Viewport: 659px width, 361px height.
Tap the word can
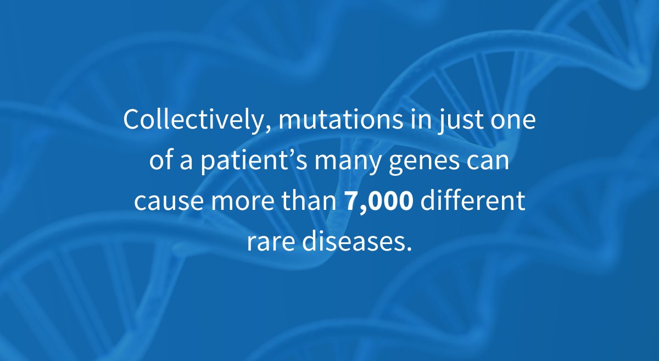coord(491,162)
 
